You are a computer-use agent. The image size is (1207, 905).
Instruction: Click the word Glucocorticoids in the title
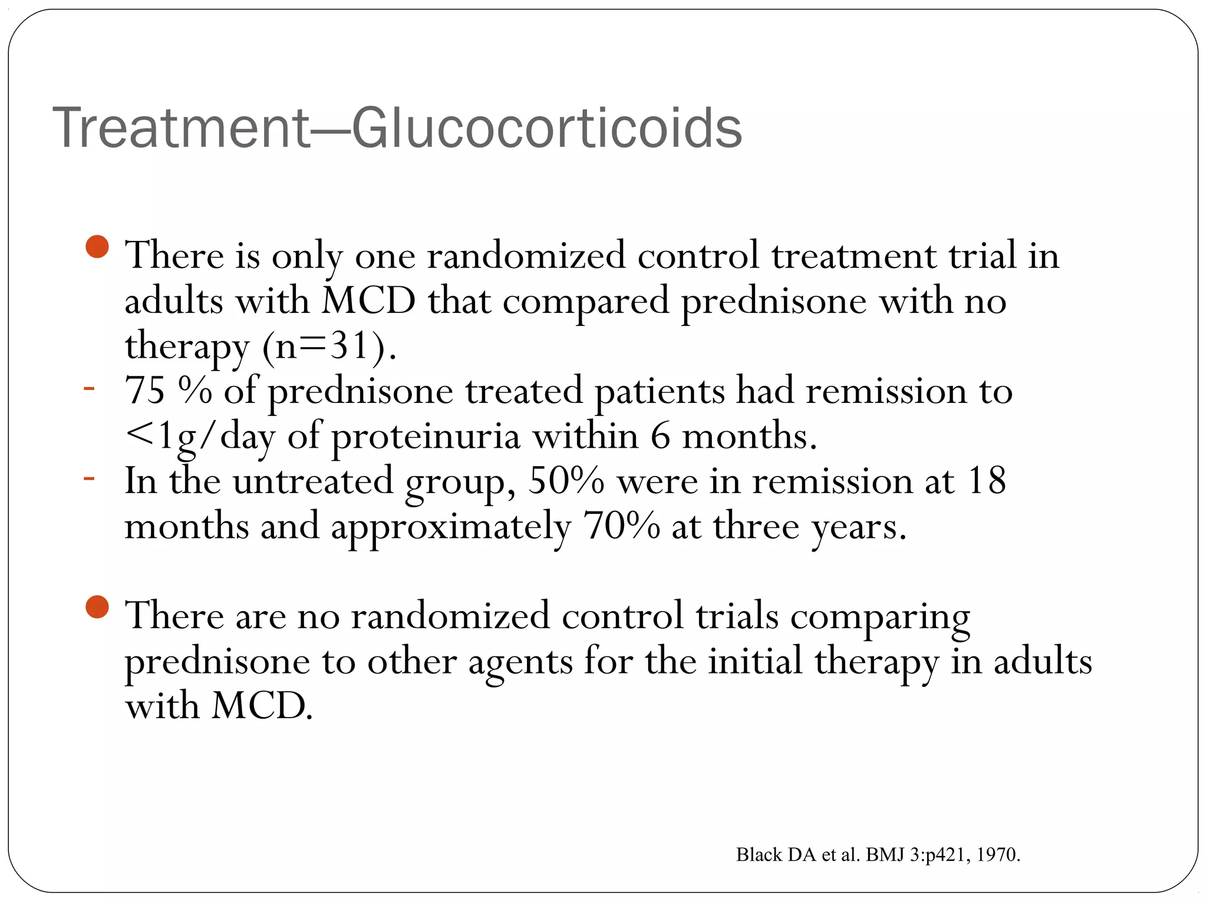point(546,128)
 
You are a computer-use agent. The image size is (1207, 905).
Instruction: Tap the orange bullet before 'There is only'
point(97,247)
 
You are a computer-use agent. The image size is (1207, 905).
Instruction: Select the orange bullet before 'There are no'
point(97,607)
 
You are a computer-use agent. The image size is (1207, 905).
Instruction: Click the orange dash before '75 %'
point(89,388)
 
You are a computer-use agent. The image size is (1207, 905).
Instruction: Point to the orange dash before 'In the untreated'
point(89,478)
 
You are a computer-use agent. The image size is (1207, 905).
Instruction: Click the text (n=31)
point(329,346)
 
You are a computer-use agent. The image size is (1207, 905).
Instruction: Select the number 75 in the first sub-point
point(145,390)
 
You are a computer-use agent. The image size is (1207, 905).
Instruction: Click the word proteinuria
point(426,437)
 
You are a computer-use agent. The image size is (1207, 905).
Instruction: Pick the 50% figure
point(566,481)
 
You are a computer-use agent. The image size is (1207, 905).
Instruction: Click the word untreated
point(313,481)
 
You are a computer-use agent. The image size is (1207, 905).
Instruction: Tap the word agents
point(520,662)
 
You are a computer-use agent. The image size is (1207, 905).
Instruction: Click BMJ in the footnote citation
point(885,855)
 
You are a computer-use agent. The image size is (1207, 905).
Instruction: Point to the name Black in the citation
point(759,855)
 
